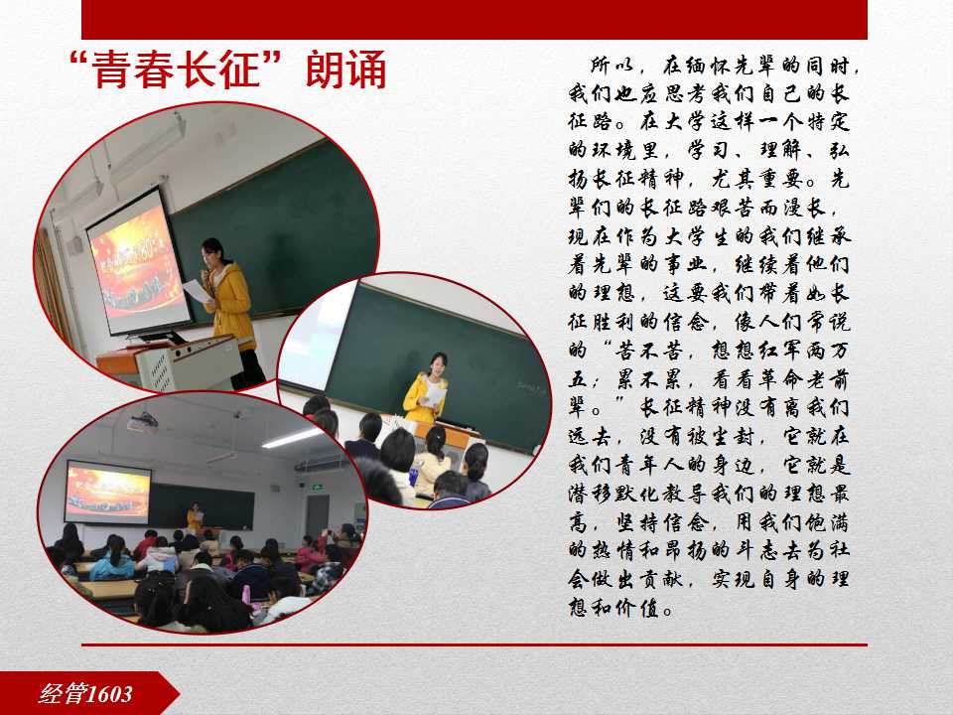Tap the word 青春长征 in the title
tap(177, 70)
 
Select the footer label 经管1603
tap(85, 694)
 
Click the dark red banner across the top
tap(475, 20)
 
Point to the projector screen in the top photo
tap(139, 261)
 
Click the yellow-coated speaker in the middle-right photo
tap(427, 389)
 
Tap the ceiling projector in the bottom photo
tap(142, 421)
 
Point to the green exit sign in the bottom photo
tap(316, 487)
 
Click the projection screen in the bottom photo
tap(107, 492)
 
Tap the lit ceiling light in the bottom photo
tap(292, 438)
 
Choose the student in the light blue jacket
tap(113, 559)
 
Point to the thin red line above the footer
tap(475, 644)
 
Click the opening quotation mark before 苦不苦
tap(606, 346)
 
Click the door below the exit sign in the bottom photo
tap(318, 516)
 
